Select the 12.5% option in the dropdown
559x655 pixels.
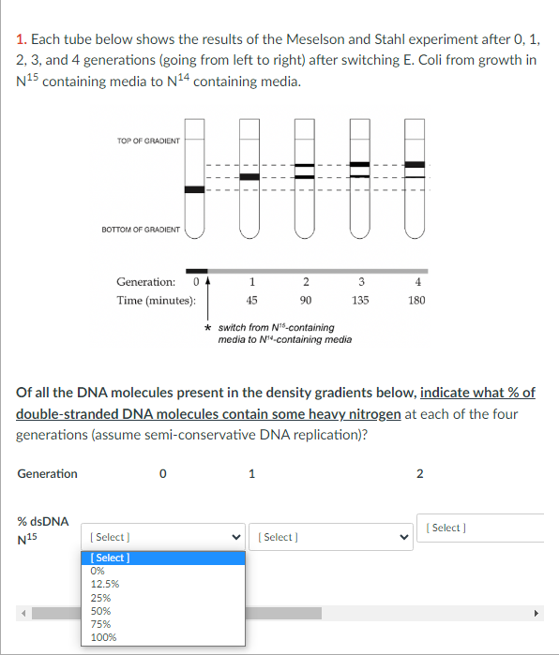105,584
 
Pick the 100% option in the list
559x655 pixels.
102,637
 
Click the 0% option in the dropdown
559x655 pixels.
98,571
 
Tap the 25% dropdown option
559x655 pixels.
99,597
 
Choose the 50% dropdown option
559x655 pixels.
99,610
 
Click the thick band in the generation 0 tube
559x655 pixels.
194,189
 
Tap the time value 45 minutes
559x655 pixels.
251,301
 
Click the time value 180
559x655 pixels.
416,301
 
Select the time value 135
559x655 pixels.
360,301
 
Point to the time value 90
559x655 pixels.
306,301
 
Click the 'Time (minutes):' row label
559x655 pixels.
156,301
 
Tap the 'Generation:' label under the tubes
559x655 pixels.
145,282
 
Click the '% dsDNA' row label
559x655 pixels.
42,521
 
